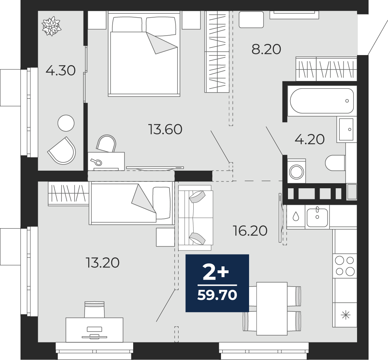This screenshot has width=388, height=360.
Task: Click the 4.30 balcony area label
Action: tap(60, 71)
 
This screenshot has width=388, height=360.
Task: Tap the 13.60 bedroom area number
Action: tap(165, 129)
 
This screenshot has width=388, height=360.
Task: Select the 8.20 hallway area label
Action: tap(266, 49)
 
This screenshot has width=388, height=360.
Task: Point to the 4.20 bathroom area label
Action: tap(310, 140)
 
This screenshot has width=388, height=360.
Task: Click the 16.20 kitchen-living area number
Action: tap(250, 231)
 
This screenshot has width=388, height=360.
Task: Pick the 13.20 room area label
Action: tap(103, 263)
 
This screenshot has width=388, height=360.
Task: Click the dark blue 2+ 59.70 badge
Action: tap(217, 283)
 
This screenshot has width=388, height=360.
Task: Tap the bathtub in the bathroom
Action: tap(322, 101)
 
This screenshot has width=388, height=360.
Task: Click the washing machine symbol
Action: tap(297, 171)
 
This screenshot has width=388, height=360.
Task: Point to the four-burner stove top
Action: tap(345, 266)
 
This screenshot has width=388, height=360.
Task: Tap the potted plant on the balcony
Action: tap(51, 26)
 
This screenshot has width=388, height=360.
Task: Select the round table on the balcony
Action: tap(66, 123)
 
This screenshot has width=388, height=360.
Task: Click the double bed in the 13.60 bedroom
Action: tap(144, 54)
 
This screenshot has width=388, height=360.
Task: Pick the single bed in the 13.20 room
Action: tap(131, 203)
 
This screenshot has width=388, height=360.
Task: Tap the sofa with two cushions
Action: tap(195, 218)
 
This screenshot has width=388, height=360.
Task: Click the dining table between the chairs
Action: tap(272, 309)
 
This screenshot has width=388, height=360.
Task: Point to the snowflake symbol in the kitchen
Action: tap(346, 315)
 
